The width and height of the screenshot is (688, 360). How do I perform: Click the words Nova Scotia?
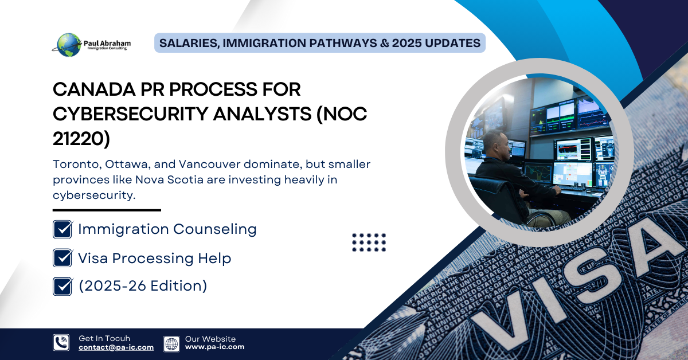pos(169,179)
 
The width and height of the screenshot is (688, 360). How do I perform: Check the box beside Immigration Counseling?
pos(62,229)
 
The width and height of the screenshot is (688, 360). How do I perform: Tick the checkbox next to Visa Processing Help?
pos(62,258)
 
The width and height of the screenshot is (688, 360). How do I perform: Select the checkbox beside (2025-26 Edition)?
pos(62,286)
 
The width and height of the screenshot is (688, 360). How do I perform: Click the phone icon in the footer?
pos(61,343)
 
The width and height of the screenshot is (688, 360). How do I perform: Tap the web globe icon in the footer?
pos(171,344)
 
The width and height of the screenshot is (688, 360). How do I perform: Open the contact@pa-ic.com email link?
pos(116,347)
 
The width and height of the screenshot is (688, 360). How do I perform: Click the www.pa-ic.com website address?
pos(214,347)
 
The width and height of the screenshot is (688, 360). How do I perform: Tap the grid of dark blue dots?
pos(369,242)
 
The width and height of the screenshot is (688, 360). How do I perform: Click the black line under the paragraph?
pos(107,210)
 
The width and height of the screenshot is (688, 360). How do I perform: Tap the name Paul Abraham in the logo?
pos(107,44)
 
